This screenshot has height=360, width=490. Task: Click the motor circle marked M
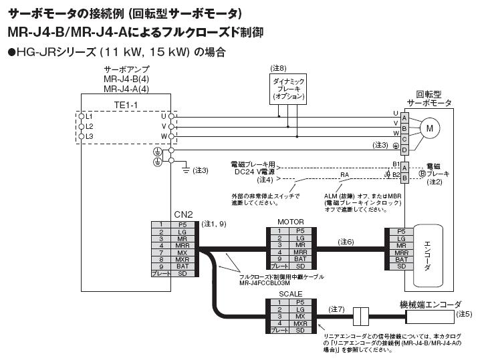click(430, 128)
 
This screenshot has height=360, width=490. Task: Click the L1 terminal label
click(89, 116)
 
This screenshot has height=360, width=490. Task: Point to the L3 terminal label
click(89, 136)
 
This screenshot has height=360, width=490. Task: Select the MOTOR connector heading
click(290, 222)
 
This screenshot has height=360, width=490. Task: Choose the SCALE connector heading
click(290, 294)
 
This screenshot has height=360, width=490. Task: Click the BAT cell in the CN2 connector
click(182, 266)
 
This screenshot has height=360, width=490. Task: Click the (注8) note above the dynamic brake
click(278, 68)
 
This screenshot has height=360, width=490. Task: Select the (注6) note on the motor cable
click(346, 241)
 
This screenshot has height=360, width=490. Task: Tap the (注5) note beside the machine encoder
click(464, 313)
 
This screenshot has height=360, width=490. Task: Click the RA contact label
click(344, 175)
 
